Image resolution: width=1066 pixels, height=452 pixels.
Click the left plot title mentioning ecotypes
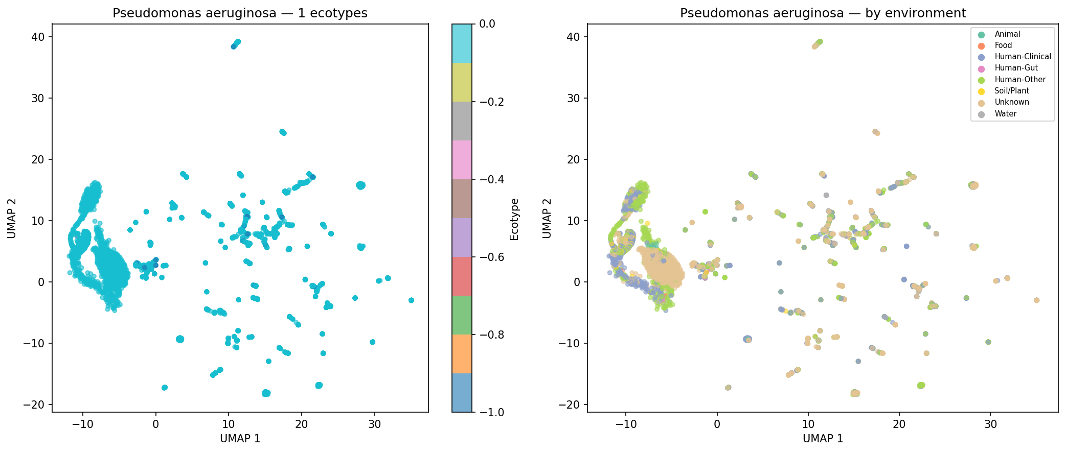coord(240,13)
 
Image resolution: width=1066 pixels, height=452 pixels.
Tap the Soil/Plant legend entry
coord(1011,91)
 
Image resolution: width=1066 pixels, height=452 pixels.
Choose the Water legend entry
coord(1006,114)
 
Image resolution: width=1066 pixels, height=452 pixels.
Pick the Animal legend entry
coord(1007,34)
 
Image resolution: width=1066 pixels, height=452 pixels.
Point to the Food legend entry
coord(1003,45)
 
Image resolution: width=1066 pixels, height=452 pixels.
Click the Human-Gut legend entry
coord(1016,68)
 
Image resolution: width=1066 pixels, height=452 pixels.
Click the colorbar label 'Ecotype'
coord(514,219)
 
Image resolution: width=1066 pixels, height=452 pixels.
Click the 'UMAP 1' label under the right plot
coord(822,439)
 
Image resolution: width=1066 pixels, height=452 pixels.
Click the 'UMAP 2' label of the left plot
coord(12,218)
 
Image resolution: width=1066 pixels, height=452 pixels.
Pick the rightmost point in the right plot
coord(1036,300)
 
